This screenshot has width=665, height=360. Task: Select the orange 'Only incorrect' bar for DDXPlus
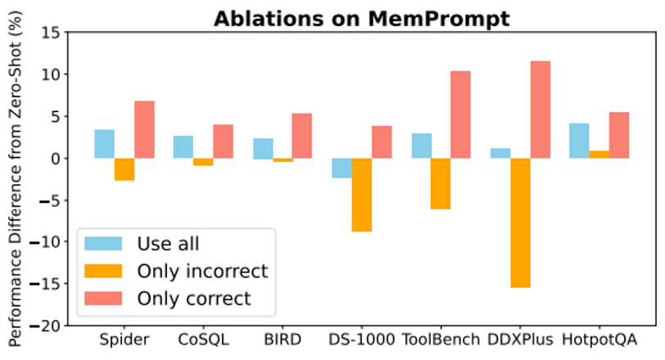click(520, 223)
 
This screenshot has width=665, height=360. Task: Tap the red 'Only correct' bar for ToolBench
click(460, 115)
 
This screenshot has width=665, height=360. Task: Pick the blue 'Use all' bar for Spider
click(104, 144)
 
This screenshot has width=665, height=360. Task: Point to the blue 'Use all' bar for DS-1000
click(342, 168)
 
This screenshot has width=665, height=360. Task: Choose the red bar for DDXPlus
click(540, 110)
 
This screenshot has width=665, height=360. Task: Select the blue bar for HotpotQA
click(579, 141)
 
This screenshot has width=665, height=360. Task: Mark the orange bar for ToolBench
click(441, 183)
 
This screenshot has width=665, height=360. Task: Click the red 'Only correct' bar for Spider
click(144, 129)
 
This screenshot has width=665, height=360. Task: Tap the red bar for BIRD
click(302, 136)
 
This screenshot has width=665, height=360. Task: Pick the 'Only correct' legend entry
click(194, 298)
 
